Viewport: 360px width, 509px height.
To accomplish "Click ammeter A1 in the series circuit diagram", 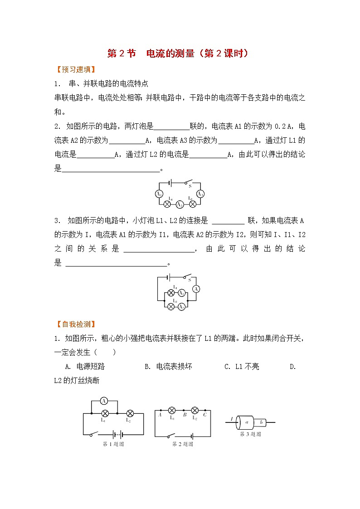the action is point(159,194).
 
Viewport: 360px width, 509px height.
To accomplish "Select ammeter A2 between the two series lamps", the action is point(180,204).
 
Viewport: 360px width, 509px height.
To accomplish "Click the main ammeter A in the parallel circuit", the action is point(196,289).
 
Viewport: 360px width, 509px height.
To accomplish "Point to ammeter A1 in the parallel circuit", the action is point(181,293).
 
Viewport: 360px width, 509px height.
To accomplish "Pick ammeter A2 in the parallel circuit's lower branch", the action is point(181,306).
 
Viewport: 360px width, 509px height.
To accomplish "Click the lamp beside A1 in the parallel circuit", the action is point(171,293).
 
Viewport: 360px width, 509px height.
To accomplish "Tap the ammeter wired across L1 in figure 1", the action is point(104,401).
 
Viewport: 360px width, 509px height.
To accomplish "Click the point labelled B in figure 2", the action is point(185,414).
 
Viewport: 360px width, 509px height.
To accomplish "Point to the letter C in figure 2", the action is point(205,414).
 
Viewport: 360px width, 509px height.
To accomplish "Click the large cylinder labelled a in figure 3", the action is point(246,422).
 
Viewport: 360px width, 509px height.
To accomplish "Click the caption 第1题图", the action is point(113,444).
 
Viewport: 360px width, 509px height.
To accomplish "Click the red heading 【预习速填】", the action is point(74,70).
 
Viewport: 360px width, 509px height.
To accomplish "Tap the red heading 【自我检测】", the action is point(74,324).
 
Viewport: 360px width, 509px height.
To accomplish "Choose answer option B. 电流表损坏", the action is point(168,366).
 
